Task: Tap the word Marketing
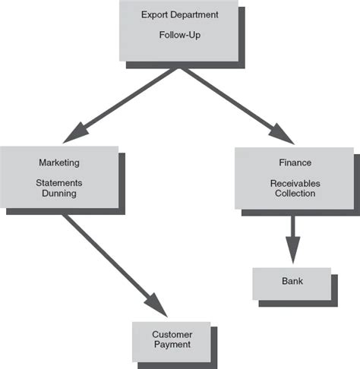pos(59,162)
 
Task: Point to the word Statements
pos(59,183)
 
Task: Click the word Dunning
pos(59,194)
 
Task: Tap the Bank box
pos(292,282)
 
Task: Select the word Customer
pos(171,334)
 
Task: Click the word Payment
pos(171,345)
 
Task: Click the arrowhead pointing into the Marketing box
pos(76,134)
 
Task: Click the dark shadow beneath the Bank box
pos(299,304)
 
